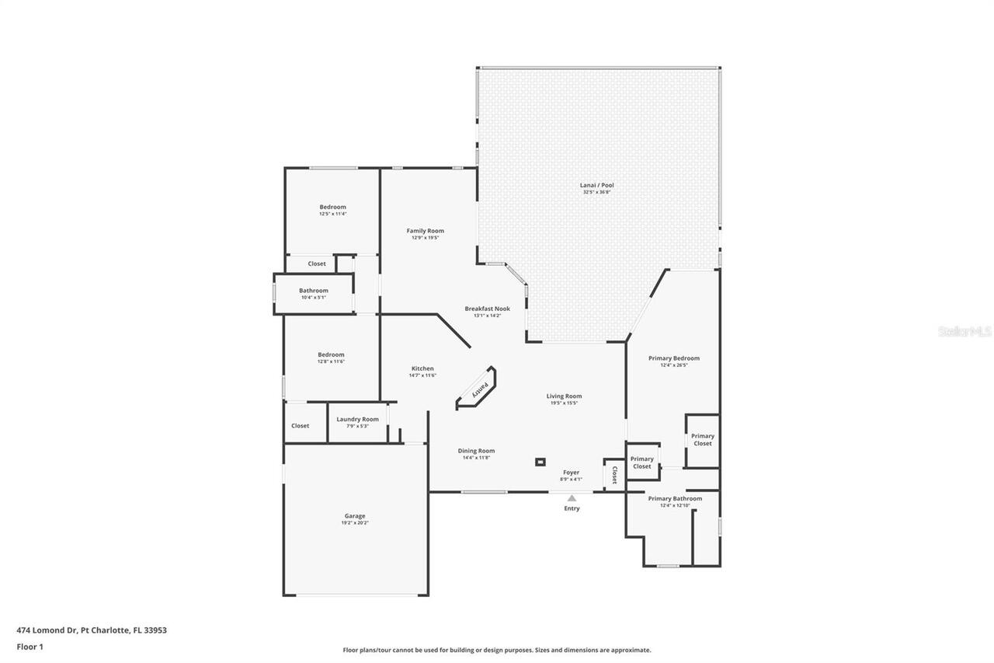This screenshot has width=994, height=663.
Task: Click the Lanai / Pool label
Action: [596, 185]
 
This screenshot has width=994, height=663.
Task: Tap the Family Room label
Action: [425, 231]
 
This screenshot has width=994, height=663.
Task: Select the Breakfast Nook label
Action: [487, 309]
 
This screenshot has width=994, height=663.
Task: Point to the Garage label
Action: [355, 516]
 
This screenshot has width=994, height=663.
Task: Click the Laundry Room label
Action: [357, 419]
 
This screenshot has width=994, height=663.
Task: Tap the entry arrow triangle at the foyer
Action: [572, 498]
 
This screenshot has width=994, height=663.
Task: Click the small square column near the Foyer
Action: [540, 462]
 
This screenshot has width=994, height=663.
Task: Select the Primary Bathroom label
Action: [675, 498]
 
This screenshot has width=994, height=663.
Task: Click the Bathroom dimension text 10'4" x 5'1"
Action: [313, 297]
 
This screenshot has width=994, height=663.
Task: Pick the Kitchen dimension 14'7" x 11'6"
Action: [422, 375]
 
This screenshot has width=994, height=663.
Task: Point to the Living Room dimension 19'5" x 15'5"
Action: [564, 403]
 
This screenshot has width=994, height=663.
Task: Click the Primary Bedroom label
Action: [673, 358]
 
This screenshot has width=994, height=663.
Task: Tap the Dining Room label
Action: [476, 451]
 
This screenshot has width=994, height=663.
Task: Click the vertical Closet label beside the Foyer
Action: [614, 474]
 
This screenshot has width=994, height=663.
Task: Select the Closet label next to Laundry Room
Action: [300, 426]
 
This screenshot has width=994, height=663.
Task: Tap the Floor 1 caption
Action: [30, 647]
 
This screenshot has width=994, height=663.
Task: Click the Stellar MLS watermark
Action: [964, 331]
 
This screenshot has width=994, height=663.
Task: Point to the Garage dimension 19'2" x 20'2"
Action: [355, 523]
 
